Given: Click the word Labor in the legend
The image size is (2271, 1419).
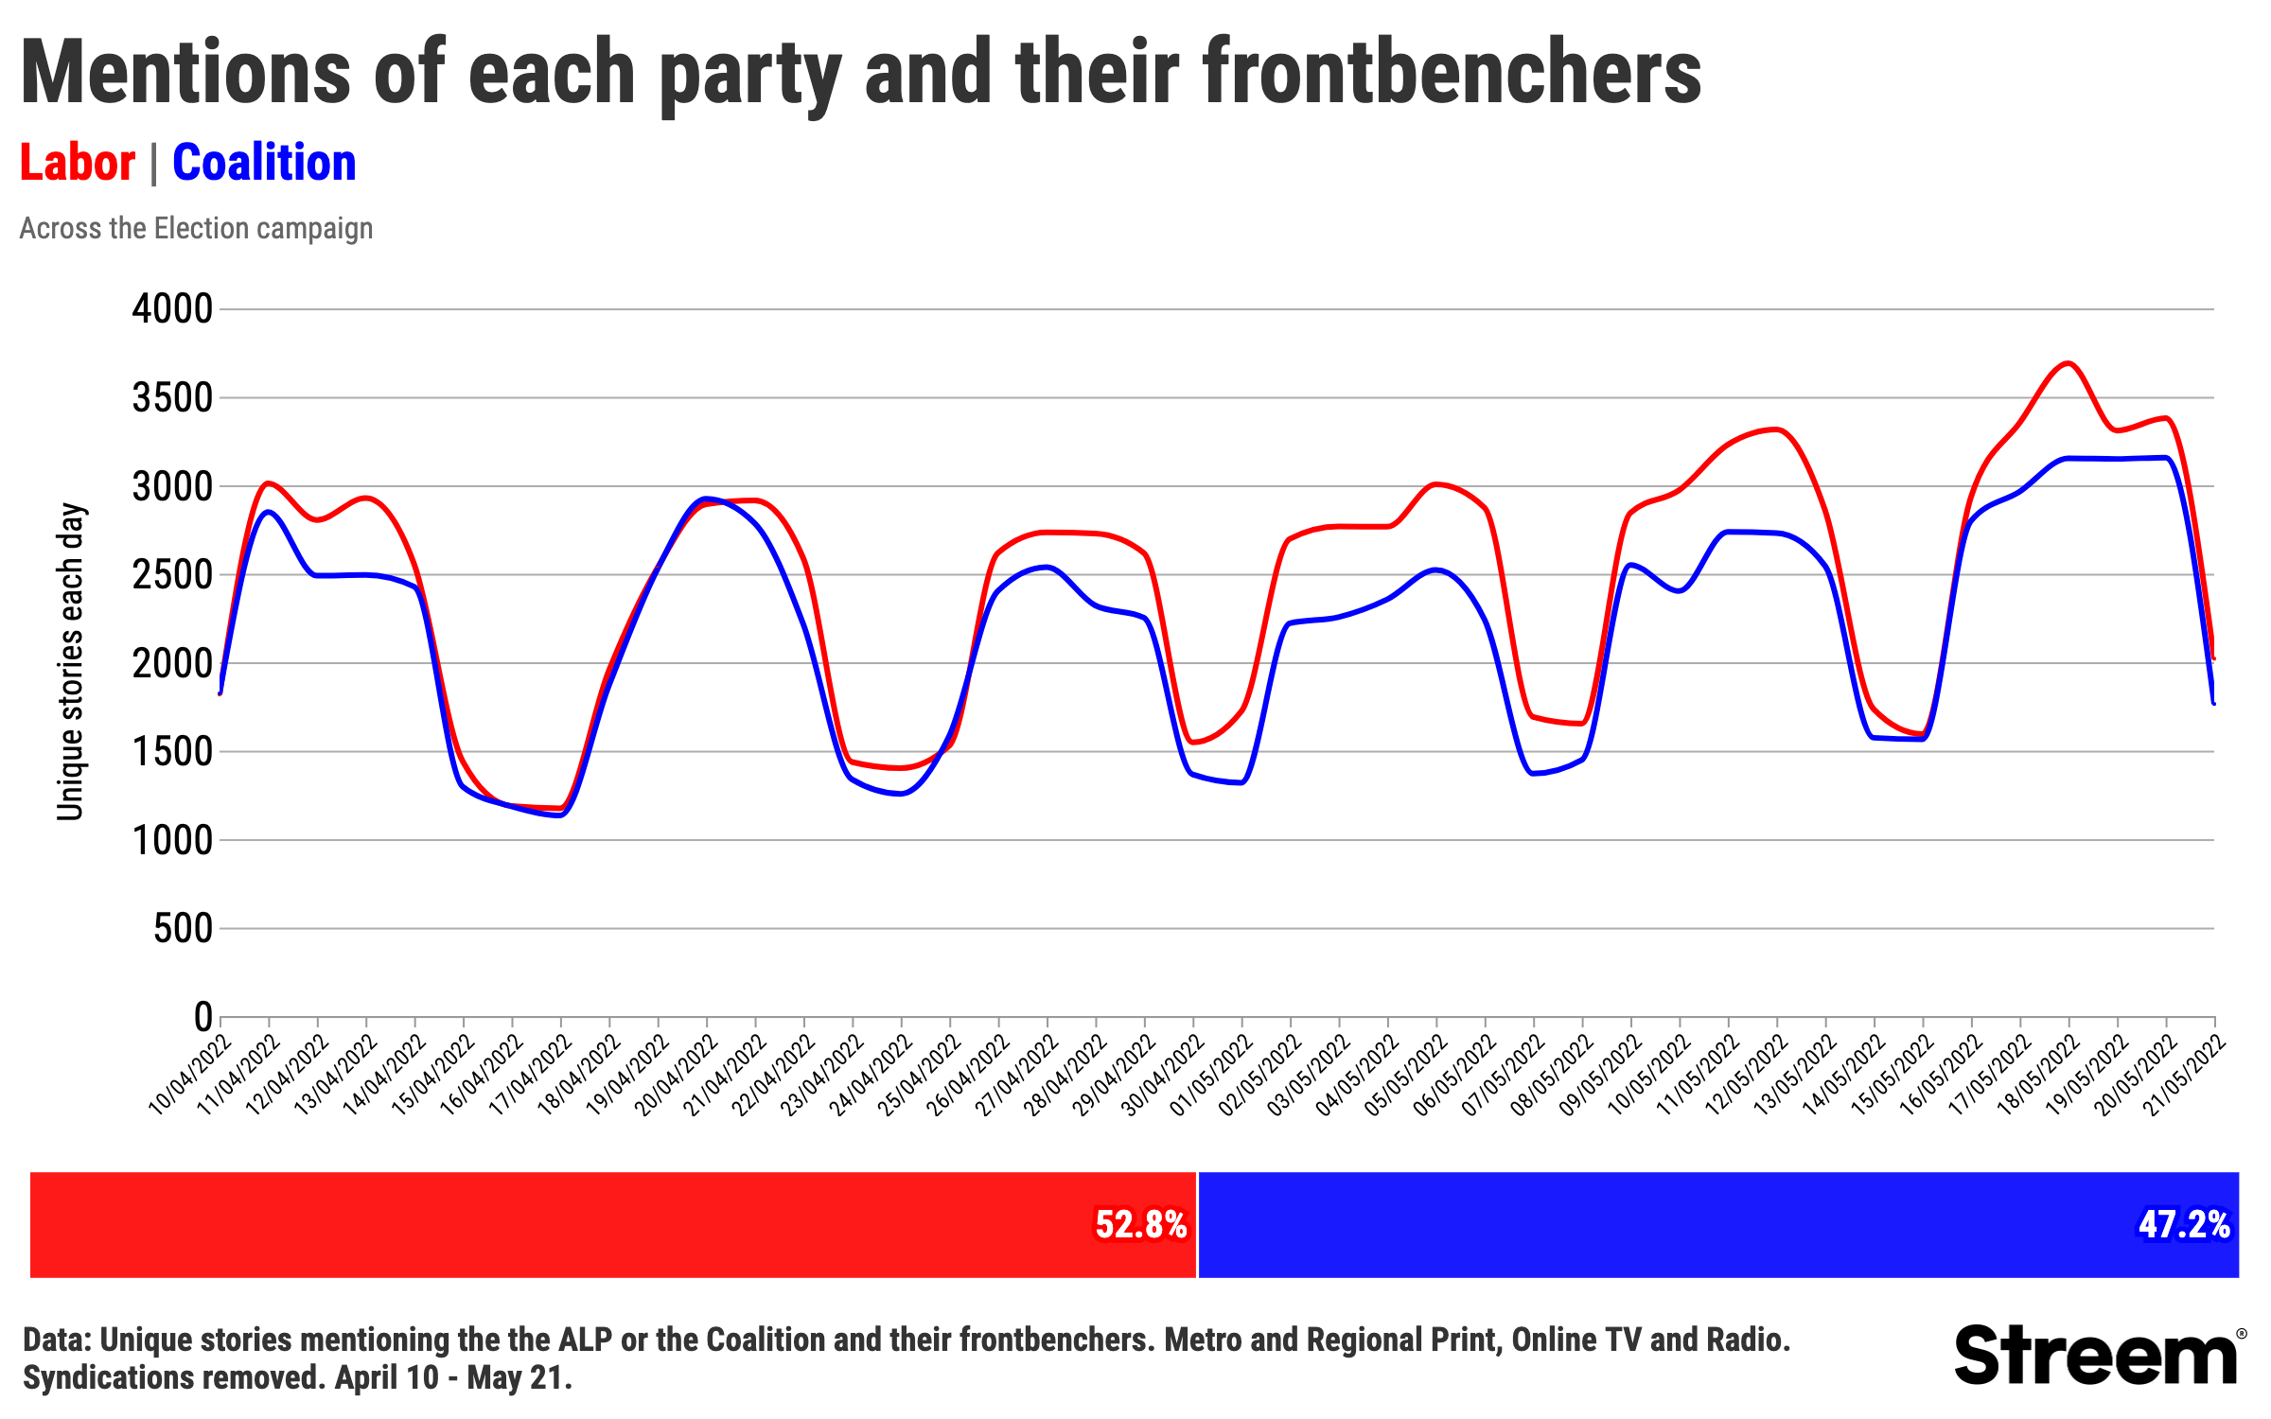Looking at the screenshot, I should point(78,163).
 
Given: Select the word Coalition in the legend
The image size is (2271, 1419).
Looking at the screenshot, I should point(264,163).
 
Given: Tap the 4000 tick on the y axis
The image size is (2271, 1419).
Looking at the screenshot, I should point(172,309).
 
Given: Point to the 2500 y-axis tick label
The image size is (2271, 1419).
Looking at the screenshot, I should point(172,575).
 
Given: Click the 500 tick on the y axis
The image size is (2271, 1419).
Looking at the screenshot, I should point(184,929).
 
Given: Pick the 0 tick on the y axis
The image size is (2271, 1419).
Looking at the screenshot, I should point(202,1018).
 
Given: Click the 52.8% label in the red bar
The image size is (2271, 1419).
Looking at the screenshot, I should point(1140,1224).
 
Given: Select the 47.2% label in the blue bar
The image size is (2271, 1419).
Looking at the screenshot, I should point(2184,1224).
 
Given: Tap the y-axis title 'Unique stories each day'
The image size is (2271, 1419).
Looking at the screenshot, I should point(71,662).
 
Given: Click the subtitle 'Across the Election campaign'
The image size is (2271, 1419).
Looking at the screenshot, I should point(196,229).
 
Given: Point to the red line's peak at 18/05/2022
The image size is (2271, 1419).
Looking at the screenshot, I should point(2069,363).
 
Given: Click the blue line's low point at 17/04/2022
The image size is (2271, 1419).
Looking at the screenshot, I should point(561,815).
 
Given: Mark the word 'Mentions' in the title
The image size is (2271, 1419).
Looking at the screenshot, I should point(185,74).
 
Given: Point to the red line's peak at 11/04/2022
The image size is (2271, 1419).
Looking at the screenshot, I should point(269,483).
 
